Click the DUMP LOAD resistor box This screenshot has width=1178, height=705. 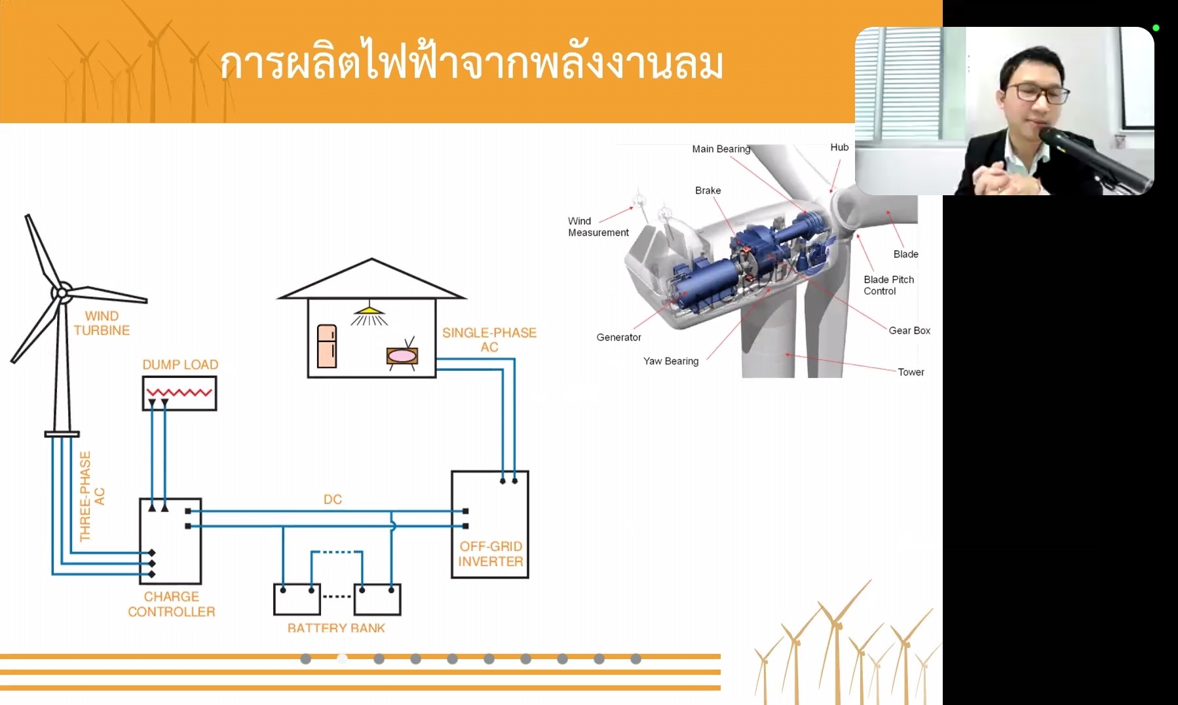coord(179,393)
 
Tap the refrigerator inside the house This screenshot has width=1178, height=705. coord(326,346)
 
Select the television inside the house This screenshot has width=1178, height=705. coord(402,356)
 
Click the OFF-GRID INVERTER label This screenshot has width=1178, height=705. coord(490,554)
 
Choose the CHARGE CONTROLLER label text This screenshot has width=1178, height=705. coord(171,604)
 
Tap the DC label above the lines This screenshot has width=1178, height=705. coord(333,499)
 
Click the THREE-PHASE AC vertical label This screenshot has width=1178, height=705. coord(92,496)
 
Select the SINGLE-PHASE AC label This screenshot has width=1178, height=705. coord(489,339)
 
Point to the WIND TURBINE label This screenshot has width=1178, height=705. coord(102,323)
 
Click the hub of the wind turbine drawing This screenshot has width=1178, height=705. coord(62,293)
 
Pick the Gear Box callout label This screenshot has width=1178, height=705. coord(909,330)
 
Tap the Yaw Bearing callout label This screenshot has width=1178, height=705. coord(670,361)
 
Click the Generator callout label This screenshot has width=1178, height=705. coord(618,337)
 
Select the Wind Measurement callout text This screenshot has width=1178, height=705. coord(598,227)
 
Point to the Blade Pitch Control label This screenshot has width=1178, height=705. coord(888,285)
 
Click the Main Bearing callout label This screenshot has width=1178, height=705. coord(721,149)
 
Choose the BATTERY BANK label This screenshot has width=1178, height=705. coord(336,628)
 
